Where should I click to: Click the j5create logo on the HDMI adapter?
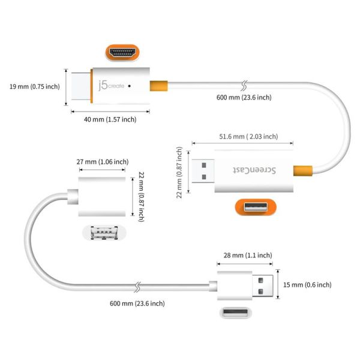point(110,86)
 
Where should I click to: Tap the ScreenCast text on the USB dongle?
point(262,170)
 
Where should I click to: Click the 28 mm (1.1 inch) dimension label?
point(246,254)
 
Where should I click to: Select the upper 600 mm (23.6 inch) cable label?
point(244,97)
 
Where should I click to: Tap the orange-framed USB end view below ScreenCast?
point(256,208)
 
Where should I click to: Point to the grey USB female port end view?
point(103,233)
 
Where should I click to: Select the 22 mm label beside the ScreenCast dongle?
point(179,170)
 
